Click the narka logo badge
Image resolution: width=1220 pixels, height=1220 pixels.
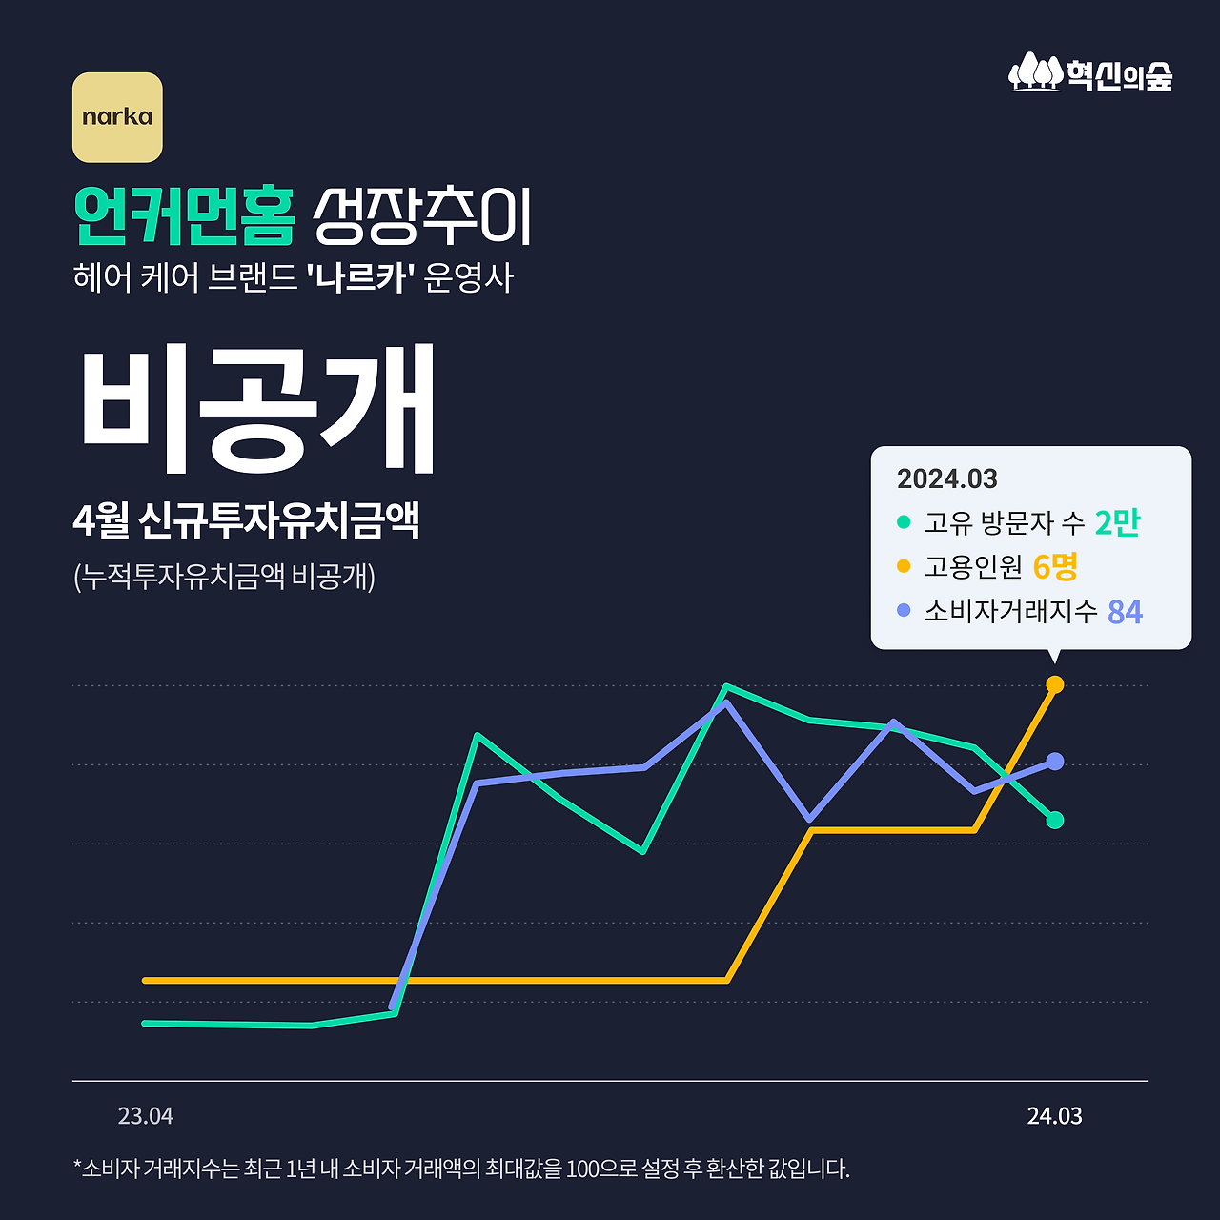click(x=117, y=117)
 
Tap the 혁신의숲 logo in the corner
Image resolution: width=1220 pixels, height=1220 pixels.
click(x=1090, y=73)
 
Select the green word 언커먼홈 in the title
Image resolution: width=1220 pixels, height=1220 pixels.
click(x=185, y=216)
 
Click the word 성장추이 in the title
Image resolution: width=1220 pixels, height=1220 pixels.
click(x=421, y=216)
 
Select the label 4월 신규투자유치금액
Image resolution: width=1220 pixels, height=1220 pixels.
click(x=246, y=520)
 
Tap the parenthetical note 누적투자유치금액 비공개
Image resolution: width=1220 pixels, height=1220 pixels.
click(x=224, y=576)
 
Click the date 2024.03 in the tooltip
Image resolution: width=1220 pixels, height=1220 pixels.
click(x=946, y=478)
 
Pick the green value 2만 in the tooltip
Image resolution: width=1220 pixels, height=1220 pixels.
click(x=1117, y=522)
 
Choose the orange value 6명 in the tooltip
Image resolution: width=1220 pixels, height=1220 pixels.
click(x=1055, y=567)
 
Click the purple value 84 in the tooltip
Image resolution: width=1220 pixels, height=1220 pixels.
click(x=1125, y=612)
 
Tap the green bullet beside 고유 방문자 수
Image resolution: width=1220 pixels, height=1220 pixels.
click(x=904, y=522)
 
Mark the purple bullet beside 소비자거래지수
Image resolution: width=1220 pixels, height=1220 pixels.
click(x=904, y=610)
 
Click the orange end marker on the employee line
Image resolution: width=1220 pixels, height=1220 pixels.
click(x=1055, y=684)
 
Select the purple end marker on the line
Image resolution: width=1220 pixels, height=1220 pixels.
click(x=1055, y=761)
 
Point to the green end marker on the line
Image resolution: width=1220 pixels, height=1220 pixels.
click(x=1055, y=820)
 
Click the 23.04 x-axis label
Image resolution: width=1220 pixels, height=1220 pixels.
click(x=146, y=1116)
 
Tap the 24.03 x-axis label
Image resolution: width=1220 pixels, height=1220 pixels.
click(x=1054, y=1116)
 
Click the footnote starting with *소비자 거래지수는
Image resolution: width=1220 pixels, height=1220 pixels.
click(x=461, y=1169)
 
